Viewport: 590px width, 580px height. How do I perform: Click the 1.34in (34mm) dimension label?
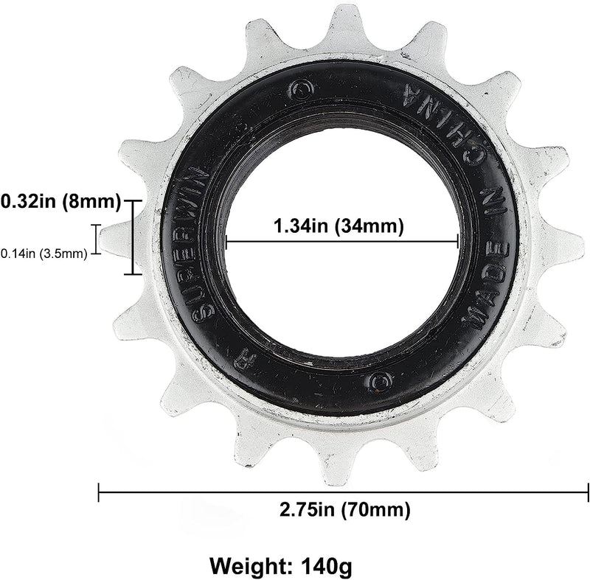pyautogui.click(x=339, y=227)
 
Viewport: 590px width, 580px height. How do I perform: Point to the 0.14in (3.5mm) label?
pyautogui.click(x=44, y=254)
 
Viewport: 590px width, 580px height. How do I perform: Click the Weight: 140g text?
pyautogui.click(x=281, y=566)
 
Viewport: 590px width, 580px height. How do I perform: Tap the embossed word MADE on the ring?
pyautogui.click(x=487, y=295)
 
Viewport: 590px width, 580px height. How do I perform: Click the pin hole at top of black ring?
pyautogui.click(x=300, y=89)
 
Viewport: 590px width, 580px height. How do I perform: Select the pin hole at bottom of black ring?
pyautogui.click(x=379, y=380)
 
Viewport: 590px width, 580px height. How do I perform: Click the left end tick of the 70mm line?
pyautogui.click(x=99, y=492)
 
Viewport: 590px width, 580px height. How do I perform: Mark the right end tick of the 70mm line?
pyautogui.click(x=588, y=492)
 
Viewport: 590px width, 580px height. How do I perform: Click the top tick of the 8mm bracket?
pyautogui.click(x=133, y=200)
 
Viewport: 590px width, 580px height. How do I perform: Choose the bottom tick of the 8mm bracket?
pyautogui.click(x=133, y=274)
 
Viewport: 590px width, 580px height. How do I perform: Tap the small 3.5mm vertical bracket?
pyautogui.click(x=95, y=238)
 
